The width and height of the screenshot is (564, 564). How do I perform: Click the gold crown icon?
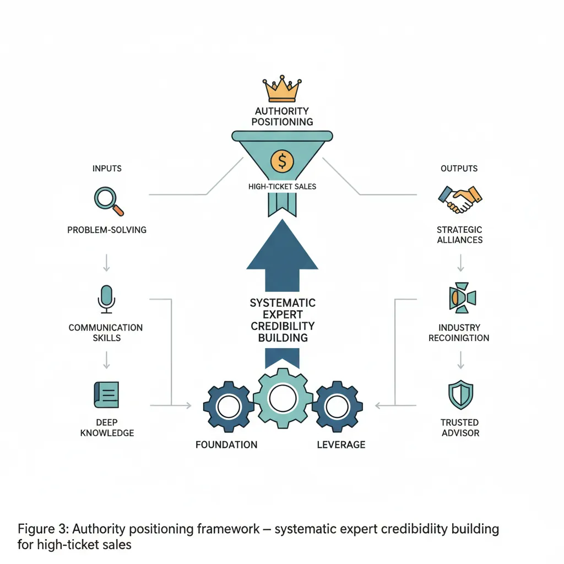[x=281, y=89]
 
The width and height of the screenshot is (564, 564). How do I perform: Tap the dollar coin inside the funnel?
[x=282, y=161]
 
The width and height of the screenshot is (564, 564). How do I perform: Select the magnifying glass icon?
[x=109, y=201]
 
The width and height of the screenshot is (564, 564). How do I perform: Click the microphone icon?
[x=107, y=299]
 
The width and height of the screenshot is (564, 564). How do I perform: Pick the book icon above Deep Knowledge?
[x=107, y=395]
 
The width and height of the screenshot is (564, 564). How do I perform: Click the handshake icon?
[x=459, y=199]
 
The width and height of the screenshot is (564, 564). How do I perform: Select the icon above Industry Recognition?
[x=460, y=298]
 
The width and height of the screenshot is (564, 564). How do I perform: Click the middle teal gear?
[x=282, y=396]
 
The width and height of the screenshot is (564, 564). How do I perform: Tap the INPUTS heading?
[x=107, y=168]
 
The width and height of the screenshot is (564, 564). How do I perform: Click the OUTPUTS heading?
[x=459, y=168]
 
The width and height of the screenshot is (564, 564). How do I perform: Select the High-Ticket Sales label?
[x=282, y=187]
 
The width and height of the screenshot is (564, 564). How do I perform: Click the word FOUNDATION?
[x=226, y=444]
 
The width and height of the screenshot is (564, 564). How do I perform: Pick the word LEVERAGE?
[x=341, y=444]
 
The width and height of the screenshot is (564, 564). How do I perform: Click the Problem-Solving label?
[x=107, y=230]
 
